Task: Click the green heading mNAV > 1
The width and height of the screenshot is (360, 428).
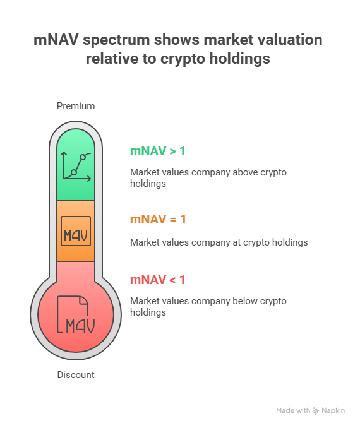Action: coord(158,151)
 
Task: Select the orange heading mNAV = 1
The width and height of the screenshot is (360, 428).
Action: coord(158,219)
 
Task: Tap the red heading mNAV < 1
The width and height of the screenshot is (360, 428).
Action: coord(158,280)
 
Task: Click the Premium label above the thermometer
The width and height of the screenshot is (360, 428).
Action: coord(76,106)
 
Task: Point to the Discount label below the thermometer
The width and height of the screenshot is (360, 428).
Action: coord(76,375)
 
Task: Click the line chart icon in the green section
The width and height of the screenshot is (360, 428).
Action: coord(76,167)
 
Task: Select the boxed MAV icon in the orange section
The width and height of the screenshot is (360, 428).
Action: coord(76,231)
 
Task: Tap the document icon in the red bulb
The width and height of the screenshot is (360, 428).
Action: coord(76,314)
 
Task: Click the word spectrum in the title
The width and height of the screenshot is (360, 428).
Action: coord(116,40)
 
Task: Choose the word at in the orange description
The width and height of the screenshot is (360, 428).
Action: coord(237,242)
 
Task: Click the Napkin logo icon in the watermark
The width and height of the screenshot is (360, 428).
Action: coord(316,411)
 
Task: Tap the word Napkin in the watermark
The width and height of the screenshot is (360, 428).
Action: coord(333,411)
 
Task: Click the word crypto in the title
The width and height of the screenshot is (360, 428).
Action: coord(183,59)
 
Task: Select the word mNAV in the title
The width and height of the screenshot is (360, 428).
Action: coord(56,40)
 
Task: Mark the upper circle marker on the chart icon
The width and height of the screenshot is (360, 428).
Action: coord(83,157)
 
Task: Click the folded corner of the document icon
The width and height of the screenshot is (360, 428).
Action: coord(83,300)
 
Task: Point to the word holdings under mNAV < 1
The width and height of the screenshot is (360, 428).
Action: coord(148,312)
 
